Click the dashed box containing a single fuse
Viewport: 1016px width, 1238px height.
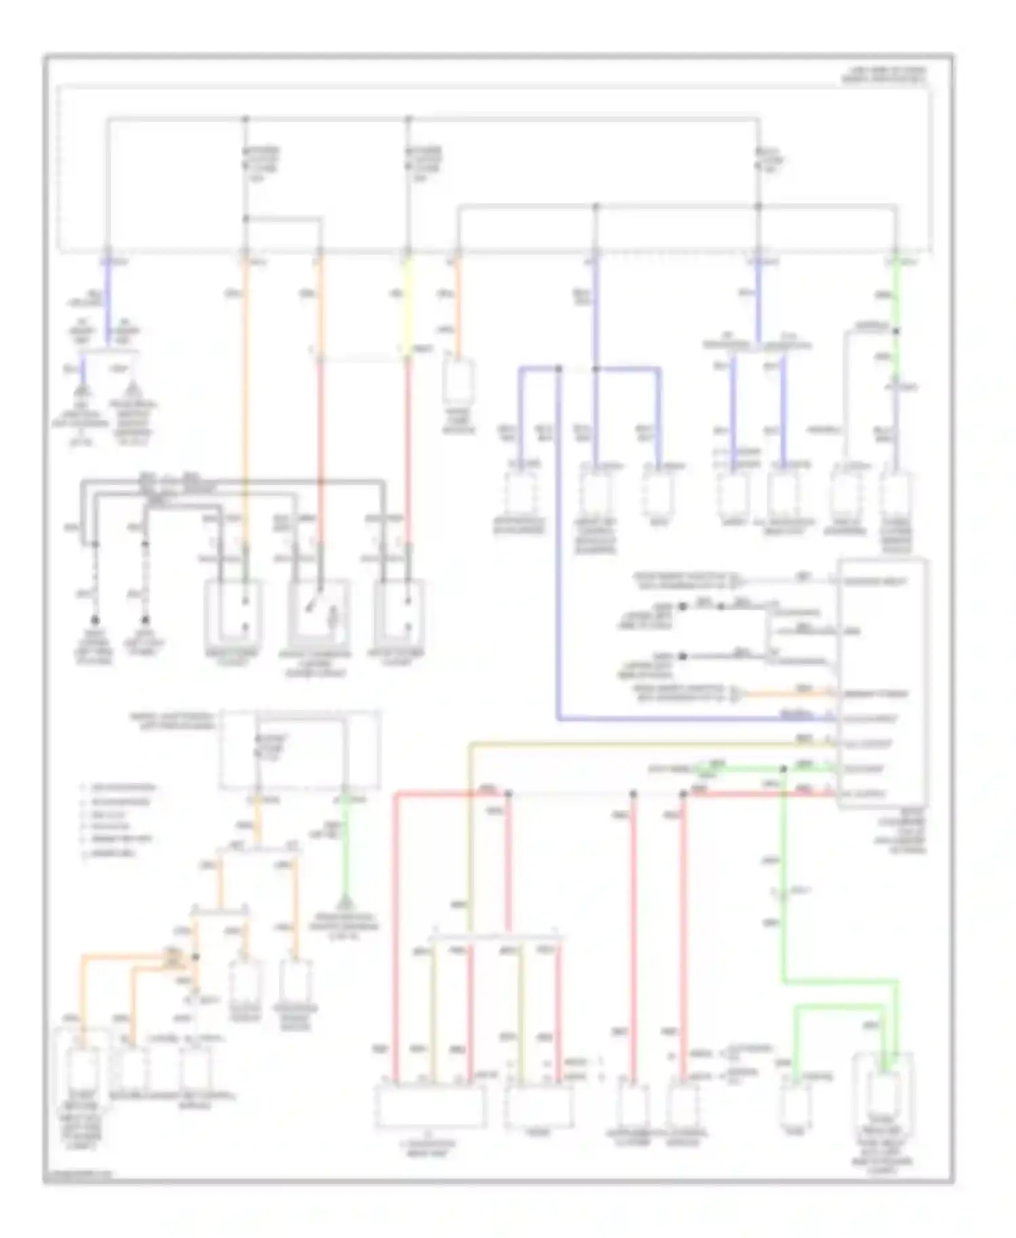click(299, 750)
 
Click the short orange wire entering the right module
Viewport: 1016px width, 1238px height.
click(786, 693)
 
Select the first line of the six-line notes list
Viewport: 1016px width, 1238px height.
click(119, 788)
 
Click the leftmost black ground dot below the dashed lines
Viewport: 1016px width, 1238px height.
click(96, 620)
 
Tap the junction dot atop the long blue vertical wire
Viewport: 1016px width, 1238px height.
click(558, 369)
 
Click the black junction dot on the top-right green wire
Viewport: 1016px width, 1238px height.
click(895, 331)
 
